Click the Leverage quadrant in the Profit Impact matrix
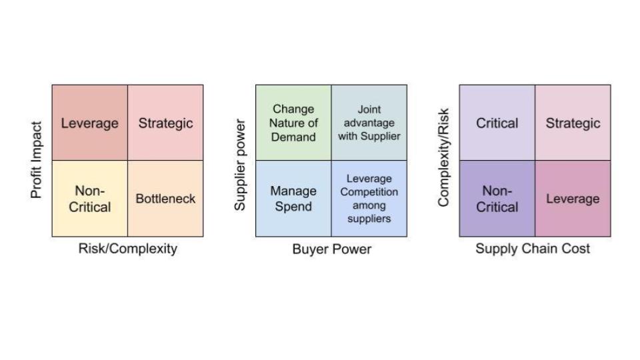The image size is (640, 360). (x=89, y=123)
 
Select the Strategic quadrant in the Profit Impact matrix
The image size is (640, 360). (x=165, y=123)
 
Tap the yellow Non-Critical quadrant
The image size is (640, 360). (x=89, y=199)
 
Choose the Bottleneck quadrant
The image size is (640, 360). (x=165, y=199)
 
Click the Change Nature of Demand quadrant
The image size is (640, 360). (x=293, y=123)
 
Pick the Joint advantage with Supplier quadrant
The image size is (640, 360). (x=369, y=123)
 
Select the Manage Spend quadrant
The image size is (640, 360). (x=293, y=199)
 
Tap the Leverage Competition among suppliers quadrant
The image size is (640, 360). (x=369, y=199)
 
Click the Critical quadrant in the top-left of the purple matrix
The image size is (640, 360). (x=497, y=123)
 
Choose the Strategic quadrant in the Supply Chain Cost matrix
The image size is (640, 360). (x=573, y=123)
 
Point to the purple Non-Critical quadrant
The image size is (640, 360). (x=497, y=199)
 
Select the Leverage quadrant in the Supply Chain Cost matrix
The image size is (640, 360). (x=573, y=199)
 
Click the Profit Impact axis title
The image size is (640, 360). (x=37, y=160)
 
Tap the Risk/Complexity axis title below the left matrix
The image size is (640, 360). (x=128, y=249)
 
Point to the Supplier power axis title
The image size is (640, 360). (x=241, y=165)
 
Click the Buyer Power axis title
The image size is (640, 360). (x=331, y=249)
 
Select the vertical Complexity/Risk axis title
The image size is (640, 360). (x=444, y=158)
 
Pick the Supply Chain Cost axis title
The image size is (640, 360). (x=533, y=249)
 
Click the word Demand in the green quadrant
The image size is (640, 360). (x=293, y=137)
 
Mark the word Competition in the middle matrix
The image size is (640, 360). (x=369, y=192)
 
